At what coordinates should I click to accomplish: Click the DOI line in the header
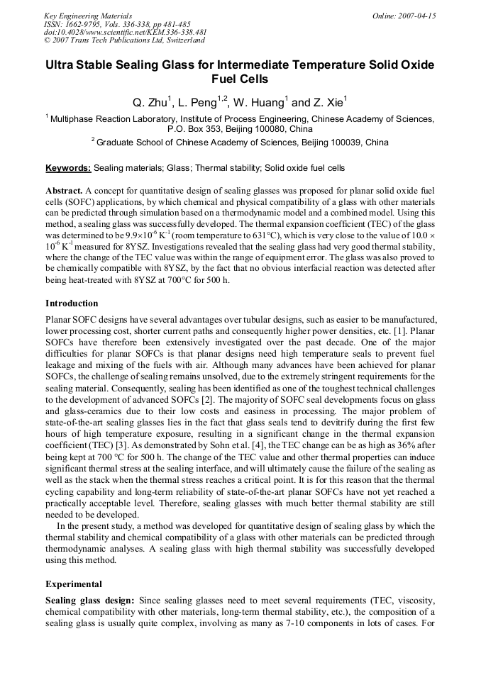tap(125, 32)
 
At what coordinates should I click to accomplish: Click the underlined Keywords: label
tap(68, 169)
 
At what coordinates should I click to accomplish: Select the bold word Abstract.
tap(65, 191)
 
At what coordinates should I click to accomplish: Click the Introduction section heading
tap(72, 303)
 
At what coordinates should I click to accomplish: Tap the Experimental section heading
tap(74, 584)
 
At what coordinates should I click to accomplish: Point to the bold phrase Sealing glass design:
tap(89, 601)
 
